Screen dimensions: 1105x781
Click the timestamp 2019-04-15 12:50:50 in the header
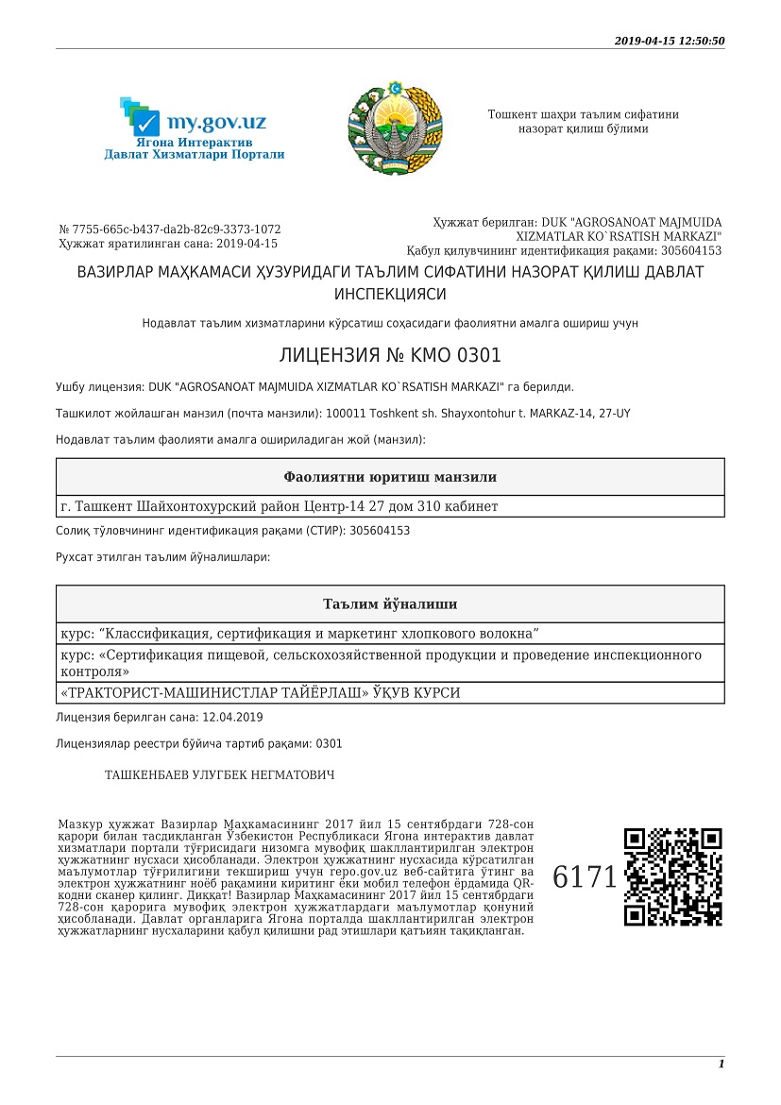tap(669, 41)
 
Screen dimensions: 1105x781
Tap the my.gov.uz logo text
tap(215, 122)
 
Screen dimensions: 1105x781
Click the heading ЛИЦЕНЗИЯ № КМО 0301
tap(390, 356)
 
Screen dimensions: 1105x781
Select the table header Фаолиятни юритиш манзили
tap(390, 477)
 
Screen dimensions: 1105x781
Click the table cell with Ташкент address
tap(279, 507)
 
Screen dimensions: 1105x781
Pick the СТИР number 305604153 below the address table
tap(380, 531)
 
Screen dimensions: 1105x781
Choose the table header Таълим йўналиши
tap(390, 604)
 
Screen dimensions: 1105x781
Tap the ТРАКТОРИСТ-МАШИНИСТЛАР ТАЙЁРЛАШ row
tap(260, 693)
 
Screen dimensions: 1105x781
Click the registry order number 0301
tap(329, 743)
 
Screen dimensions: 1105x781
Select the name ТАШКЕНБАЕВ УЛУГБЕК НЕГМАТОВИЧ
tap(219, 775)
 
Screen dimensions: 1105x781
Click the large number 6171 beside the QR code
tap(585, 876)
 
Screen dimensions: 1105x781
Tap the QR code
tap(674, 876)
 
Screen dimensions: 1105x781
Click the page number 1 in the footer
tap(722, 1063)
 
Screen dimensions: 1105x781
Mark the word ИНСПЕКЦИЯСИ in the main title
tap(390, 295)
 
